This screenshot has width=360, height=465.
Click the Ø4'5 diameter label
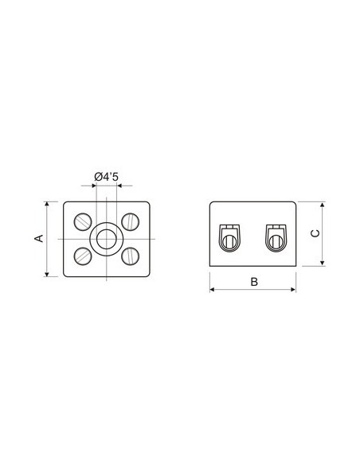[x=106, y=177]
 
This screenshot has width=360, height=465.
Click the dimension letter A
[x=40, y=238]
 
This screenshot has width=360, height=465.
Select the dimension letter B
[x=254, y=282]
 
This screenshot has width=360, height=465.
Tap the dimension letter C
[x=315, y=233]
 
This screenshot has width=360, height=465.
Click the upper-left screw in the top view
[x=83, y=221]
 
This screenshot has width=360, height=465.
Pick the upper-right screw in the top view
[x=130, y=221]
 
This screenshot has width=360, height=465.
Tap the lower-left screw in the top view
[x=83, y=256]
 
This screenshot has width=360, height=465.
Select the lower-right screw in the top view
[x=130, y=256]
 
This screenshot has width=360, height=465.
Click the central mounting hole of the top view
[x=107, y=239]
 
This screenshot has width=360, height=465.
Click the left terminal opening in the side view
[x=229, y=238]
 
